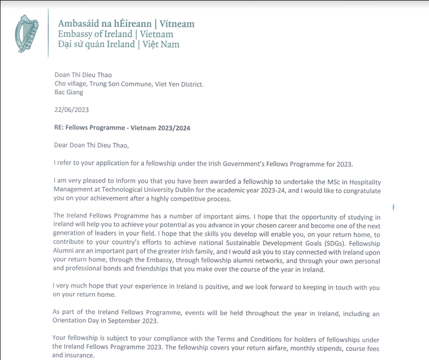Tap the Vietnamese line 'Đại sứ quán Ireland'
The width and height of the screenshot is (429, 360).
[x=96, y=44]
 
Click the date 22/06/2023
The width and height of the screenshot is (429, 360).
[x=71, y=109]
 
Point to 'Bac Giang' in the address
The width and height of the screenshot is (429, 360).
[x=69, y=92]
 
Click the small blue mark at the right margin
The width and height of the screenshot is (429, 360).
[x=394, y=206]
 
